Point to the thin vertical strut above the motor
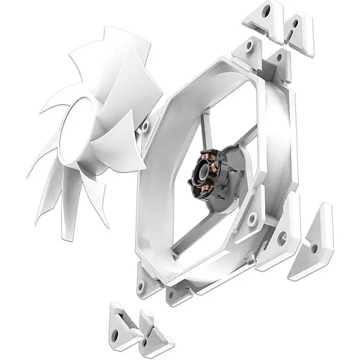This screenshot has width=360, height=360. click(x=204, y=134)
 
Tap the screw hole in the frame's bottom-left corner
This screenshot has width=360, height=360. click(x=143, y=286)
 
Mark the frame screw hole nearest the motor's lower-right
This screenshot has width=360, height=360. click(x=252, y=219)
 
